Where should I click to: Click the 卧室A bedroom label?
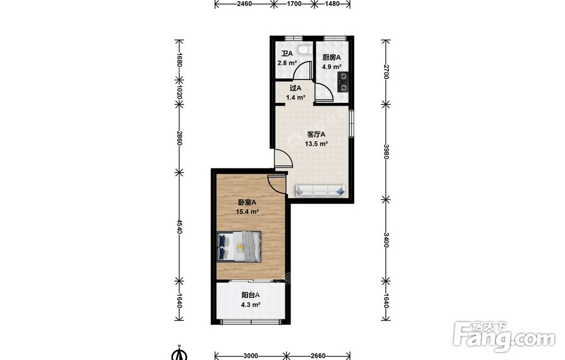pos(247,202)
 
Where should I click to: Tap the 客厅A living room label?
pos(316,135)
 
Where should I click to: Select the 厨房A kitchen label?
pos(332,57)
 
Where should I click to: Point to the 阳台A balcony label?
pos(250,295)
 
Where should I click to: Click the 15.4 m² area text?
pos(247,212)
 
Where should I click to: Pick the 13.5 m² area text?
pos(316,144)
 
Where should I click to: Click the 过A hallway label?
pos(295,88)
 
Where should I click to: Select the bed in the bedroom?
pos(239,246)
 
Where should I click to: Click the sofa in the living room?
pos(320,190)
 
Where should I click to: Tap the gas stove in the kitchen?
pos(343,82)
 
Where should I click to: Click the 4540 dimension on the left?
pos(179,225)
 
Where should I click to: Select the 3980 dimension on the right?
pos(386,151)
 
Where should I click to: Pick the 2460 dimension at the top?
pos(244,4)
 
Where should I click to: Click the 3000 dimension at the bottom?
pos(250,356)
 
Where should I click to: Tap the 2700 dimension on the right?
pos(386,72)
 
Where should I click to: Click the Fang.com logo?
pos(504,336)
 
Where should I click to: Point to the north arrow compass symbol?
pos(179,353)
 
